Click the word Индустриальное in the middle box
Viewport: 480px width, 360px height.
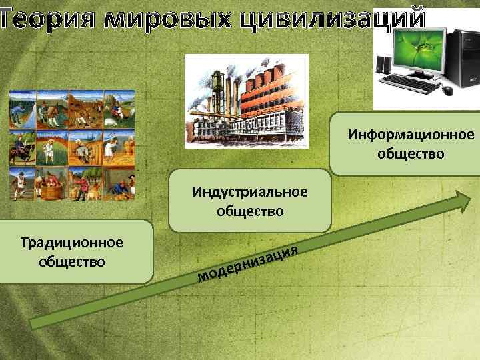pos(250,192)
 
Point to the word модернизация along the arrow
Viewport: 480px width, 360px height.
pos(247,263)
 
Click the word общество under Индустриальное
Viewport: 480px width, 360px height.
pos(250,211)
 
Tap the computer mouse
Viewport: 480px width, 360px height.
pos(447,90)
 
